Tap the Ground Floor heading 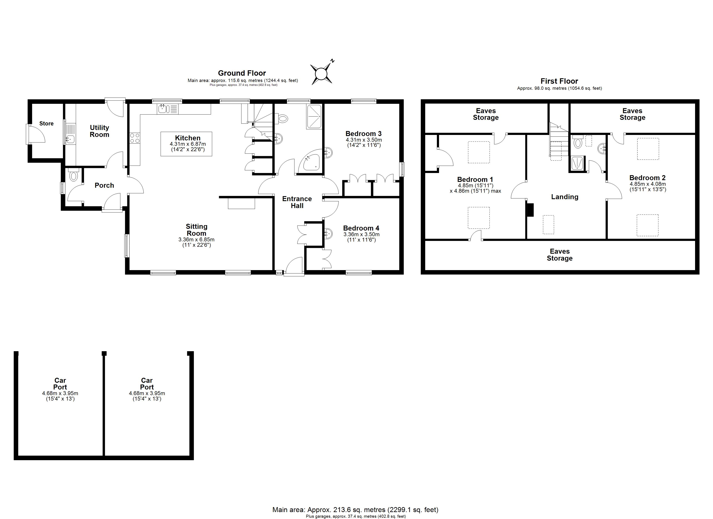242,73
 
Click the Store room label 46,123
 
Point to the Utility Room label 99,131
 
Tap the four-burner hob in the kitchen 135,138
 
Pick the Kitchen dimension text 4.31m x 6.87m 188,144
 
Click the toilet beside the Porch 73,175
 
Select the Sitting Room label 196,230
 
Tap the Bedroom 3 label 363,133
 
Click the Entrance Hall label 297,202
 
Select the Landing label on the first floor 565,197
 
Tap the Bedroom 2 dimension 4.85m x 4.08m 648,184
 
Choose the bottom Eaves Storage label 560,255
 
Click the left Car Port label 60,384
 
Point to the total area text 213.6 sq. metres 346,509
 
